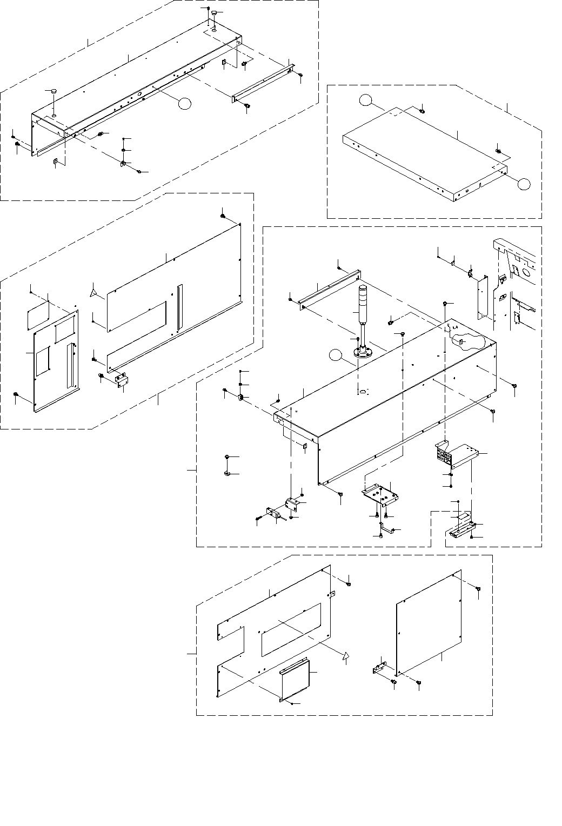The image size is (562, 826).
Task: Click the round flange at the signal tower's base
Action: coord(363,353)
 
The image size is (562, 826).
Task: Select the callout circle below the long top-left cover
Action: coord(185,103)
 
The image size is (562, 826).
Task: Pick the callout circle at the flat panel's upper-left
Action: coord(366,99)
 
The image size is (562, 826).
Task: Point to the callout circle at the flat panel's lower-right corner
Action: coord(523,184)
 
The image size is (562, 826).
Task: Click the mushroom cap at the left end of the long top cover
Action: coord(53,92)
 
